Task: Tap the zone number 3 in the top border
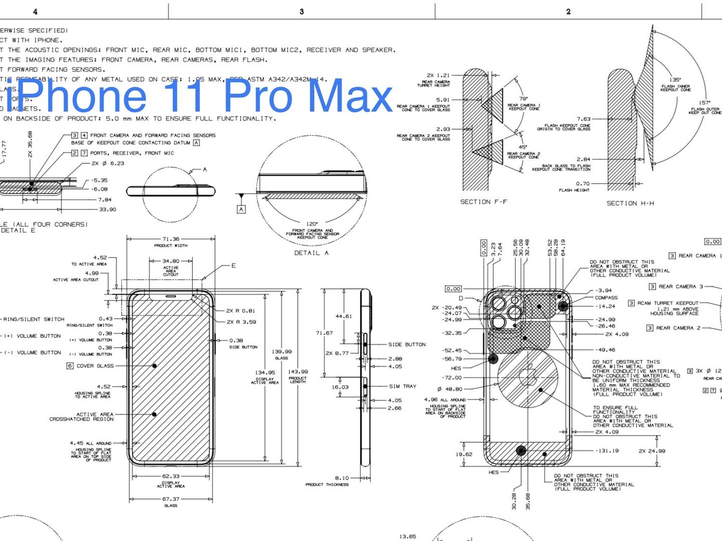tap(301, 12)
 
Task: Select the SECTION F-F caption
tap(483, 202)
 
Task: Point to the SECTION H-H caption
tap(630, 203)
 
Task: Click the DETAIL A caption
tap(311, 253)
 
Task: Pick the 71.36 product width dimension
tap(170, 239)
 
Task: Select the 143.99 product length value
tap(298, 372)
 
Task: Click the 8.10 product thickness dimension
tap(341, 478)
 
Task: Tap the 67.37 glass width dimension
tap(170, 499)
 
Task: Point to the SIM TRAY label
tap(403, 386)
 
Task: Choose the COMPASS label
tap(606, 298)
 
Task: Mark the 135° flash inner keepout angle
tap(675, 80)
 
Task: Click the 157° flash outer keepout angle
tap(704, 102)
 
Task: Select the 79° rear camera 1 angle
tap(523, 99)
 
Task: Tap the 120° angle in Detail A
tap(312, 224)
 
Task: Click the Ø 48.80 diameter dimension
tap(450, 389)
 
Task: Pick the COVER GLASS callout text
tap(95, 366)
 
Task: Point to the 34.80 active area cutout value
tap(170, 261)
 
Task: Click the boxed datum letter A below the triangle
tap(241, 209)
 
